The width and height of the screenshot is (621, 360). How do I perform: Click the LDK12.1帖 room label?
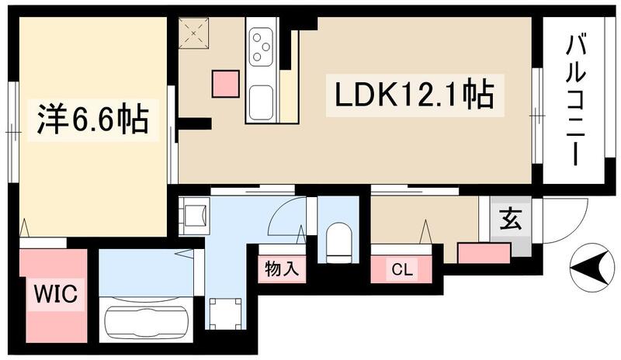click(413, 96)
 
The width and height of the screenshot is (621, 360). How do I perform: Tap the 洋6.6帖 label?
click(92, 121)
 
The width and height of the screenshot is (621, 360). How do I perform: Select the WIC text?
click(52, 294)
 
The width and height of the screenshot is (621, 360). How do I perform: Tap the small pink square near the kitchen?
click(226, 83)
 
